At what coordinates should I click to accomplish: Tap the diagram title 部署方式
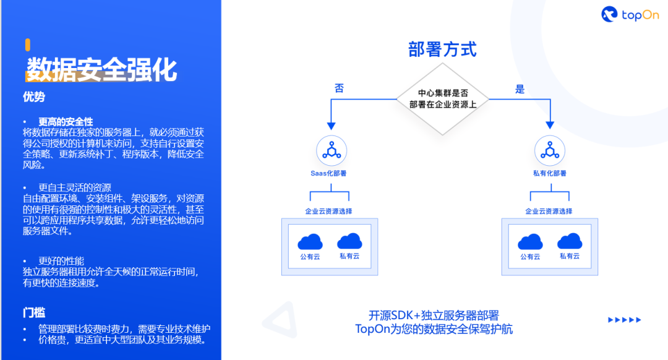442,49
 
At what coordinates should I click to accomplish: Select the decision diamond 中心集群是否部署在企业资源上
443,99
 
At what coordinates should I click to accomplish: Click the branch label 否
340,88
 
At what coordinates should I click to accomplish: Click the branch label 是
520,89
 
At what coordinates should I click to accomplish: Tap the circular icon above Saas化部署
332,150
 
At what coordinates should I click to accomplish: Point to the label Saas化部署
328,174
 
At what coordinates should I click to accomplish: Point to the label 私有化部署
549,174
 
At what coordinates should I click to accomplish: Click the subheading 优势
34,97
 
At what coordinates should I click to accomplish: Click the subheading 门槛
34,313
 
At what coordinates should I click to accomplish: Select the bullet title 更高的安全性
66,122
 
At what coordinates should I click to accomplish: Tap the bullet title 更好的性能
61,261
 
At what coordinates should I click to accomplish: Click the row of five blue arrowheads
625,320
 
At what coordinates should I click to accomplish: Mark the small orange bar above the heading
28,44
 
